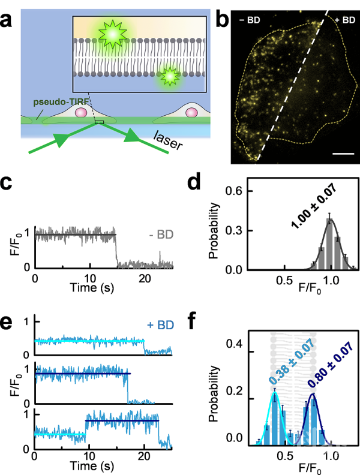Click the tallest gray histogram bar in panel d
click(329, 244)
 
